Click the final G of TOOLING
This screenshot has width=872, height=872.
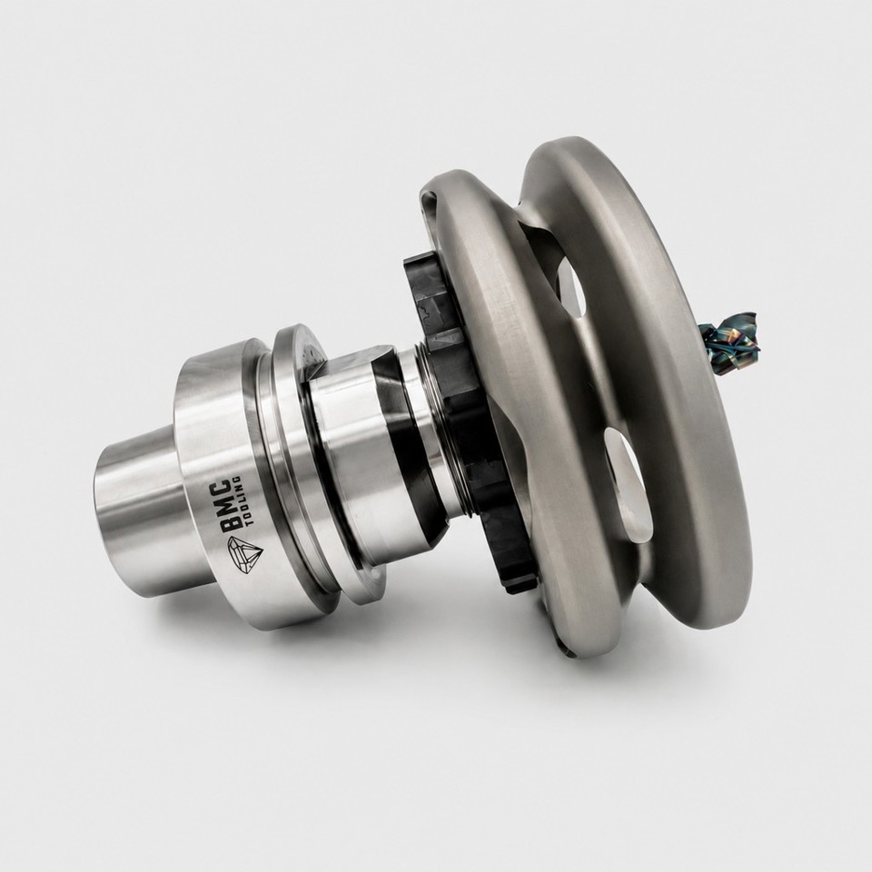point(237,479)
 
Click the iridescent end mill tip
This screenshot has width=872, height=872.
point(731,341)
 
